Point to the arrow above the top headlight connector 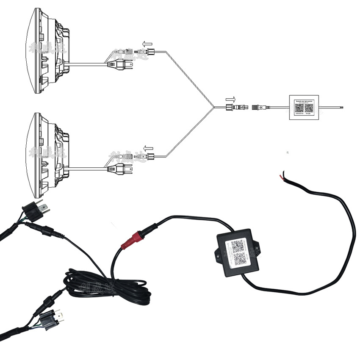tap(147, 43)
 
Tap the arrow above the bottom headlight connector tap(147, 148)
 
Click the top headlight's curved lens tap(32, 53)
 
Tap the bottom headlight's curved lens tap(32, 157)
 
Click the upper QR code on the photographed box tap(238, 246)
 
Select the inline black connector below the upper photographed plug tap(48, 231)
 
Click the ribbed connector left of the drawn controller tap(260, 108)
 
